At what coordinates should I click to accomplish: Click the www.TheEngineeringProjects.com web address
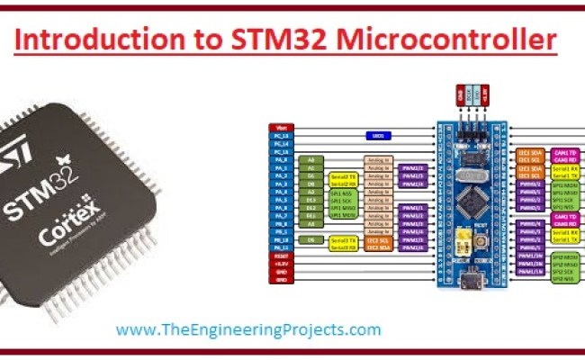(x=248, y=329)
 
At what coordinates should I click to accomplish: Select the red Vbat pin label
(x=280, y=127)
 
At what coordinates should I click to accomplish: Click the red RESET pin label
(x=280, y=256)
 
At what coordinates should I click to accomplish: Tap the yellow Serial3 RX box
(x=342, y=247)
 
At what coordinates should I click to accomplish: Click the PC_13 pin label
(x=280, y=135)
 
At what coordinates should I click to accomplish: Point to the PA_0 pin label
(x=280, y=159)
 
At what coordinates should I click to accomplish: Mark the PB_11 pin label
(x=280, y=247)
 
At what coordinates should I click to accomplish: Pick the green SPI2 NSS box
(x=562, y=279)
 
